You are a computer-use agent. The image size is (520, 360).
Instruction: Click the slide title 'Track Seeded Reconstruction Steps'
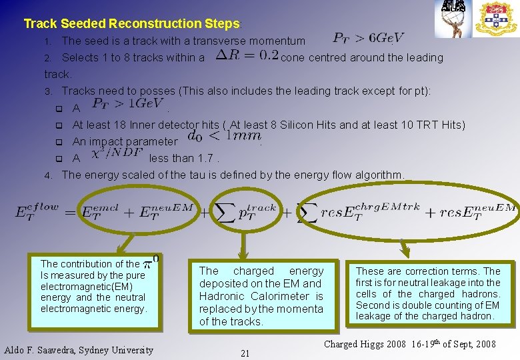coord(131,24)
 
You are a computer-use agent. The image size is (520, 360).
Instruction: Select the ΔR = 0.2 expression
coord(247,56)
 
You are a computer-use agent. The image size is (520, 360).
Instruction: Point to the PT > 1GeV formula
coord(127,103)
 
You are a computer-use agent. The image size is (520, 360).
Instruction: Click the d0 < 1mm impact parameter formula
coord(224,136)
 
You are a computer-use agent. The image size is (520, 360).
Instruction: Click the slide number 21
coord(245,353)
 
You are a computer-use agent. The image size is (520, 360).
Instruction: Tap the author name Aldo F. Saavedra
coord(79,349)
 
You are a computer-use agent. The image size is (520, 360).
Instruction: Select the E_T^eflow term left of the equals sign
coord(37,212)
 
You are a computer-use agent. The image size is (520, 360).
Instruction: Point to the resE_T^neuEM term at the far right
coord(470,211)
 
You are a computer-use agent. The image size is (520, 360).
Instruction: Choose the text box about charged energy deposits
coord(261,295)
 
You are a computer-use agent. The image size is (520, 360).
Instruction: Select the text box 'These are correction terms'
coord(427,293)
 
